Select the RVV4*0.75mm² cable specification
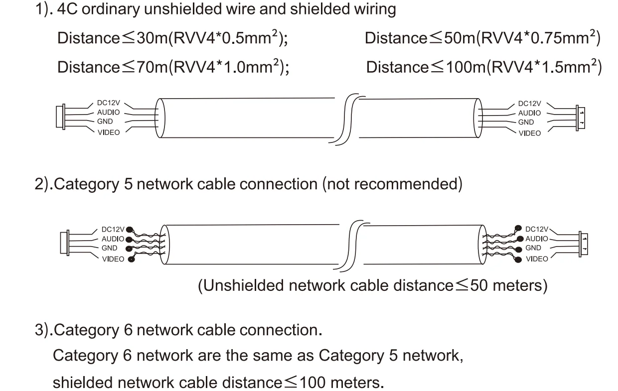pyautogui.click(x=538, y=38)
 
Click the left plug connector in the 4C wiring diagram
pyautogui.click(x=61, y=117)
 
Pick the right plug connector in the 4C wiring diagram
pyautogui.click(x=580, y=118)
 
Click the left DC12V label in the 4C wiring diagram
pyautogui.click(x=109, y=103)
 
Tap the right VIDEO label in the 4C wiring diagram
pyautogui.click(x=529, y=133)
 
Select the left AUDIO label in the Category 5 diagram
pyautogui.click(x=113, y=239)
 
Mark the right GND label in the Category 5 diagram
pyautogui.click(x=533, y=248)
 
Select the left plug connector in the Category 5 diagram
pyautogui.click(x=64, y=243)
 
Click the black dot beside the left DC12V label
pyautogui.click(x=130, y=230)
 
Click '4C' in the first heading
pyautogui.click(x=68, y=10)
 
